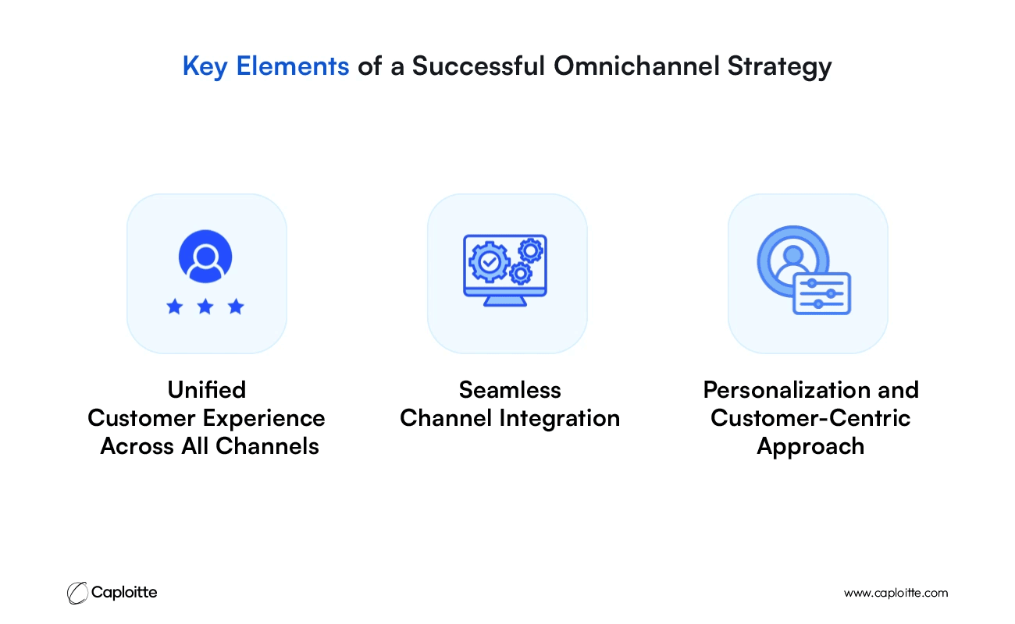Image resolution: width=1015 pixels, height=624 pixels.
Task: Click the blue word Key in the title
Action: pos(205,66)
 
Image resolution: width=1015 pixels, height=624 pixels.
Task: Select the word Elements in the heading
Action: pos(293,66)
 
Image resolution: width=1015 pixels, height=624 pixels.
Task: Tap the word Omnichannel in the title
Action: pos(636,66)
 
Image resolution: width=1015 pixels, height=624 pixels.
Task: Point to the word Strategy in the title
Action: pos(780,67)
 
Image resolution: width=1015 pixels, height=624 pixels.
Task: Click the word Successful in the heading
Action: pos(479,66)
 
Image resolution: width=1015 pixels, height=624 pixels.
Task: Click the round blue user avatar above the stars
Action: pos(205,257)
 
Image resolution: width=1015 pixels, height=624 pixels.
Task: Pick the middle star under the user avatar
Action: pos(205,307)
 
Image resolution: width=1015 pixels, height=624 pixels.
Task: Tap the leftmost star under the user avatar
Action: pos(175,307)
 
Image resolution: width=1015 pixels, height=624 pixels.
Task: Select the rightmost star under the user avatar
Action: pos(236,307)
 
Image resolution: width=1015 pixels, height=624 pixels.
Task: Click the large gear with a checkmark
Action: pos(490,262)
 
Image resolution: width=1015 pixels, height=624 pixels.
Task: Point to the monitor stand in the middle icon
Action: pos(505,301)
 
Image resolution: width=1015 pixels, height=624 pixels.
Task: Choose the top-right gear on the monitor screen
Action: pos(531,250)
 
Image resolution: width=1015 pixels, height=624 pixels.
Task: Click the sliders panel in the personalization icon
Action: pos(822,293)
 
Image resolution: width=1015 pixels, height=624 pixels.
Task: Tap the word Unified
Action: pos(207,390)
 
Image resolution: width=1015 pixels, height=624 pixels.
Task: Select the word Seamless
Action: pos(510,390)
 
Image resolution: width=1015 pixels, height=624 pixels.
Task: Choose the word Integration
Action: pos(560,419)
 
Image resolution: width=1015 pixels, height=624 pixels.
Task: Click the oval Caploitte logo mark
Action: pos(77,593)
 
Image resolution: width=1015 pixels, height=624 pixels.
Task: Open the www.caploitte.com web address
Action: pos(896,594)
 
